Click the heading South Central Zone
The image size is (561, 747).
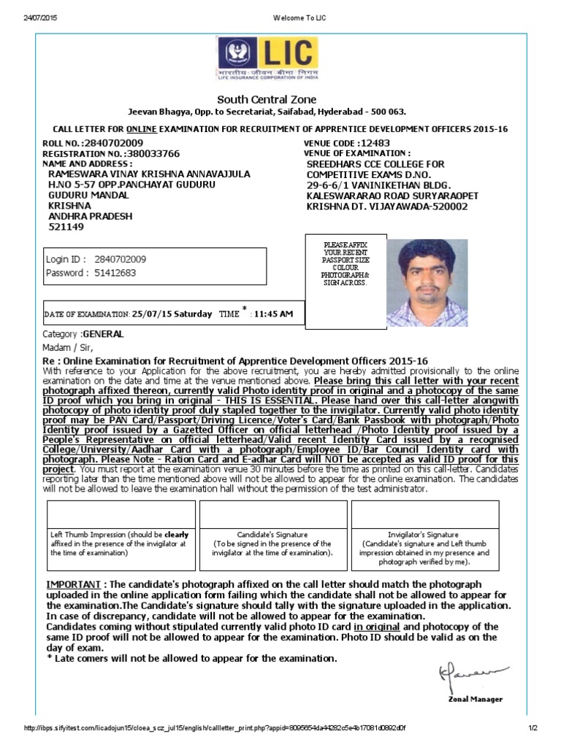(x=267, y=99)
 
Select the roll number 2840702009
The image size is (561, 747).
(x=113, y=143)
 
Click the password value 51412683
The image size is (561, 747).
(x=115, y=274)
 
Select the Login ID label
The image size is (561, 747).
(x=66, y=259)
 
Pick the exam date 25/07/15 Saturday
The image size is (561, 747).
(x=172, y=314)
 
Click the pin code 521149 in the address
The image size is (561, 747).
(x=66, y=227)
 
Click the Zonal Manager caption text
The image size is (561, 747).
(x=475, y=699)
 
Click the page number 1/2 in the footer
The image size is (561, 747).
(x=533, y=728)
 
